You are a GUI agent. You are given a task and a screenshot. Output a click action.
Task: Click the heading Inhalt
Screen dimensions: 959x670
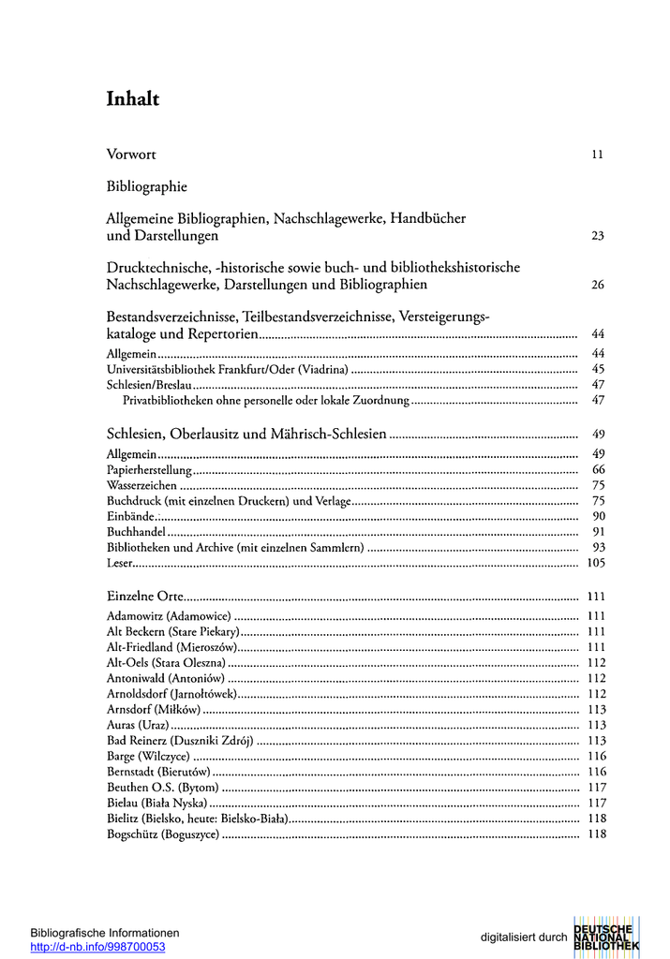click(x=132, y=100)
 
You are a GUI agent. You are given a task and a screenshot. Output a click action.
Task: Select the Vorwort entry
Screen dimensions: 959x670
click(x=131, y=155)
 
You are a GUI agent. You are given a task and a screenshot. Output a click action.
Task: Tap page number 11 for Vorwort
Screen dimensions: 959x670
click(x=597, y=155)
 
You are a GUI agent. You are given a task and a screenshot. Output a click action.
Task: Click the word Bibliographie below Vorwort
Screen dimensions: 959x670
click(x=147, y=187)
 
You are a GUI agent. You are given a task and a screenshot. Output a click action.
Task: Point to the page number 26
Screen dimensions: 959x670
click(x=597, y=285)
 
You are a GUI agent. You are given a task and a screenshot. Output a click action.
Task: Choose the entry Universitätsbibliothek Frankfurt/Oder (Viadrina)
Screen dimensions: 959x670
click(x=227, y=369)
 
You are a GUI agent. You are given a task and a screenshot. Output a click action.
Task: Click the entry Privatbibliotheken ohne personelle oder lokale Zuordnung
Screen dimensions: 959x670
click(x=266, y=401)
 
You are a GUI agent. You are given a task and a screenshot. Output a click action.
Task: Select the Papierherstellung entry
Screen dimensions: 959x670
click(x=149, y=469)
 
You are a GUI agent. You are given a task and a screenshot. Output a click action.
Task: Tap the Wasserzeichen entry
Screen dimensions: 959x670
click(x=141, y=485)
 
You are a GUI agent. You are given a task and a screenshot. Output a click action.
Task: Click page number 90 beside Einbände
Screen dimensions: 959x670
click(x=599, y=517)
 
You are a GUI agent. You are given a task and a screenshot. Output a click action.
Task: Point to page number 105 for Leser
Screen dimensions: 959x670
click(x=596, y=564)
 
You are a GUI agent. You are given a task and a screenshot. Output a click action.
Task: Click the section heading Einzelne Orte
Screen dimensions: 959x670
click(x=145, y=597)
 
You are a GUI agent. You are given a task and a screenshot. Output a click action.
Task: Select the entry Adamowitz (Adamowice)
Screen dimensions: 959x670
click(x=169, y=616)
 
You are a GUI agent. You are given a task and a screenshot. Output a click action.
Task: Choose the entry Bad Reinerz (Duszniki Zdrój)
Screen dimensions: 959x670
click(x=180, y=741)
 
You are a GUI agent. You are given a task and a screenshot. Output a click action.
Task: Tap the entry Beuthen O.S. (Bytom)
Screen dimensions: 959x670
click(x=162, y=788)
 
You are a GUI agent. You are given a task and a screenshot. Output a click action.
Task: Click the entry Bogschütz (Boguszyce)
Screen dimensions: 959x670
click(x=163, y=834)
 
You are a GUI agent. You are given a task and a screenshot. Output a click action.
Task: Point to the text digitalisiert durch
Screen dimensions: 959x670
click(x=524, y=937)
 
